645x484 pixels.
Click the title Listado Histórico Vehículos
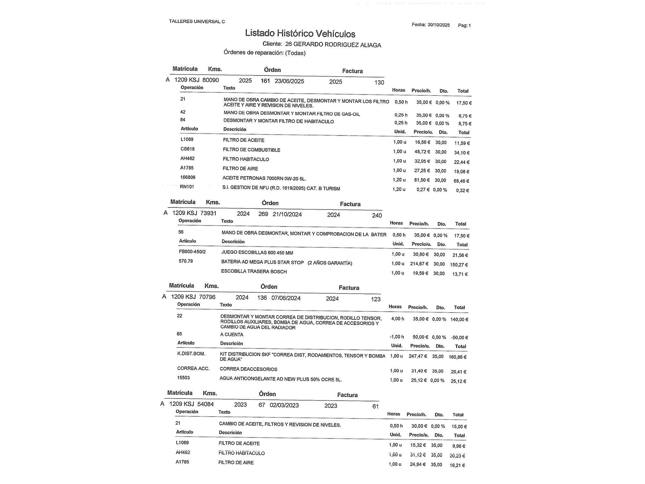pos(300,34)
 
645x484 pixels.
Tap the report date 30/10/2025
pos(439,25)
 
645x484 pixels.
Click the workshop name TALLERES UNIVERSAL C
pos(197,22)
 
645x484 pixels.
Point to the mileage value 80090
pos(211,80)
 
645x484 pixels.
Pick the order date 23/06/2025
pos(289,81)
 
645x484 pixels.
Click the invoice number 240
pos(377,215)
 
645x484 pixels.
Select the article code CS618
pos(187,149)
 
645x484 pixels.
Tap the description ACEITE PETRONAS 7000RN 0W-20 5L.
pos(264,178)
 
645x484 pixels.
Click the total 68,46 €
pos(461,181)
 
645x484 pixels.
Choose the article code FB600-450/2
pos(192,252)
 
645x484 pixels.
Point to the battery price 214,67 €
pos(419,264)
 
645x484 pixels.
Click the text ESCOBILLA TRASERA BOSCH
pos(254,271)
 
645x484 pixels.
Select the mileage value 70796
pos(207,297)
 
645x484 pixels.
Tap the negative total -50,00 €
pos(459,338)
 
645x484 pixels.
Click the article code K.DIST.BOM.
pos(191,354)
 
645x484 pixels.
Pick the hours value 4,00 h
pos(397,319)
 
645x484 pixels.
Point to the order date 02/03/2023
pos(284,405)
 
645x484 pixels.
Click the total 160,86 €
pos(457,357)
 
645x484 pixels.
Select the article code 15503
pos(183,378)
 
